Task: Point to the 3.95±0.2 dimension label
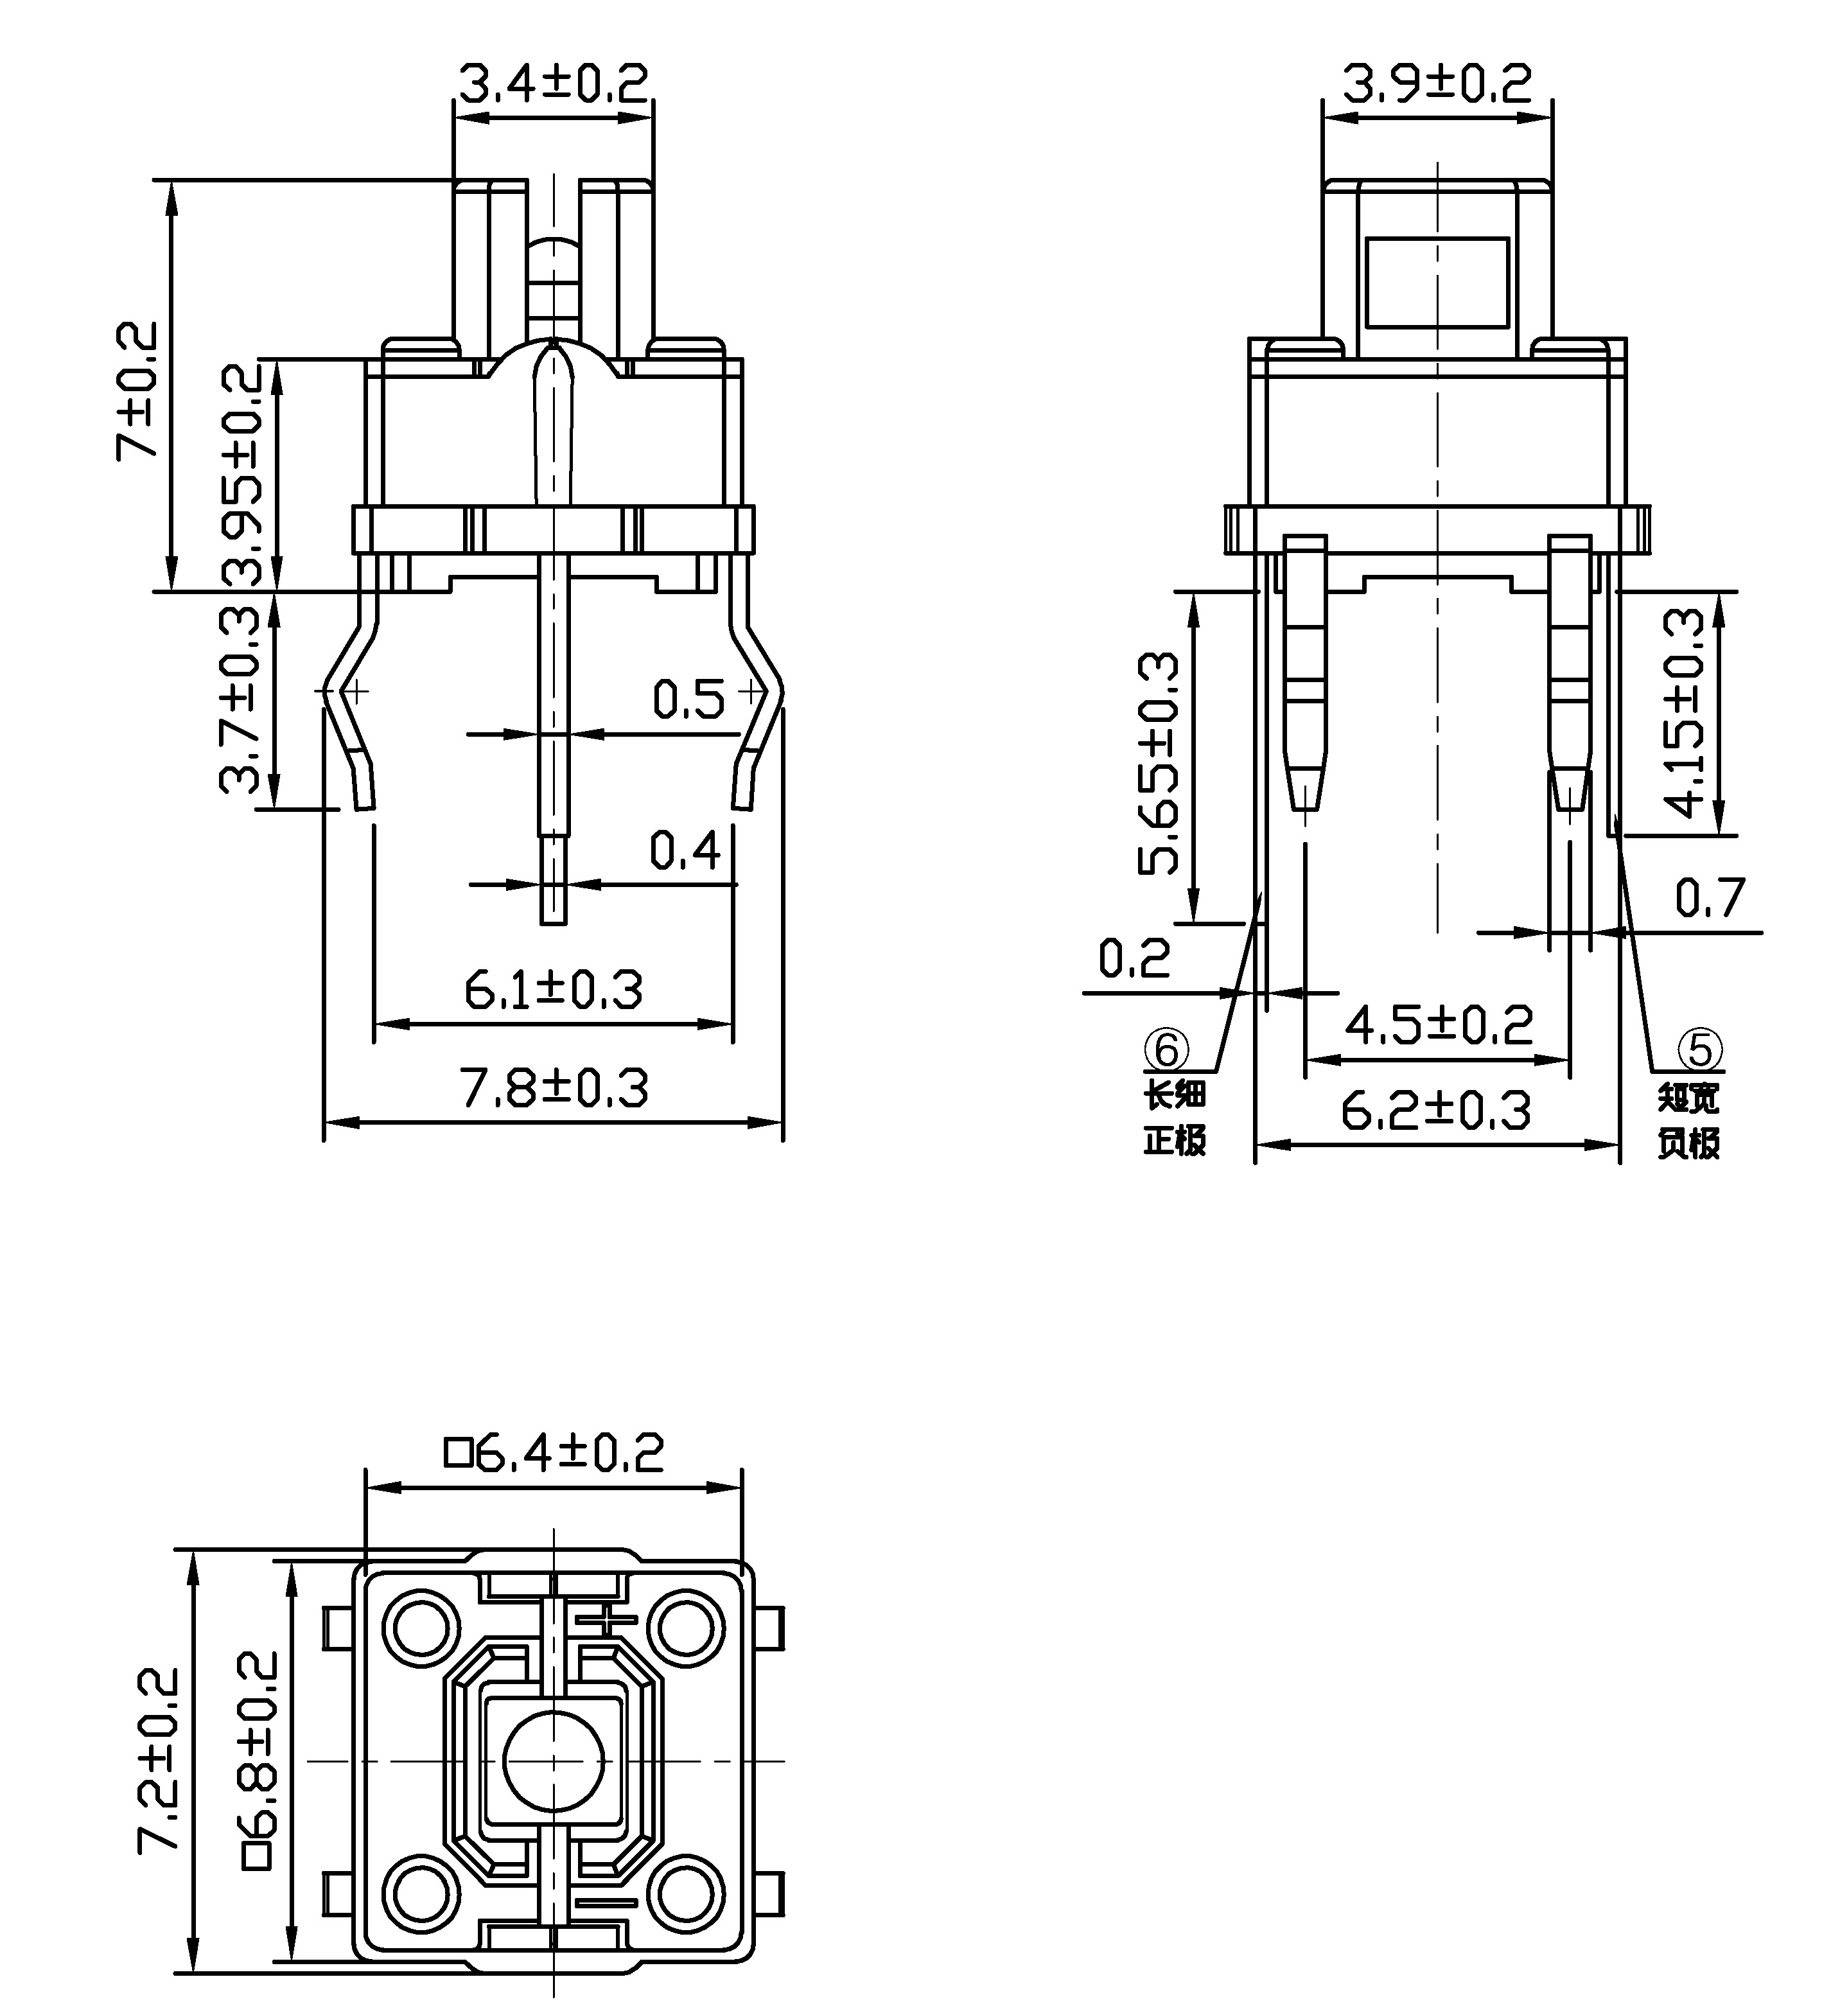point(243,474)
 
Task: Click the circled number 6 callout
point(1166,1050)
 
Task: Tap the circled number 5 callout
point(1700,1050)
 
